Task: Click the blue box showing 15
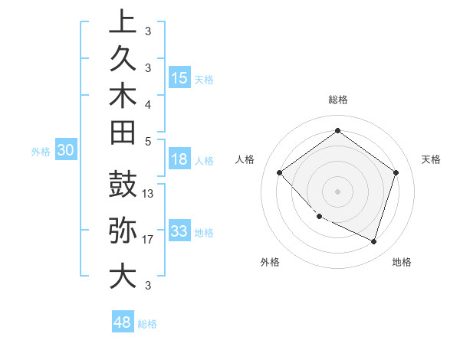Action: (x=179, y=77)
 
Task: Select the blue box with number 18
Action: (x=179, y=160)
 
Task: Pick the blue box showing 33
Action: (x=179, y=231)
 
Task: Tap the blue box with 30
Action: (x=66, y=151)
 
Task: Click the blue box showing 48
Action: (x=123, y=322)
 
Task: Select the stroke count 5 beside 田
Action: (x=148, y=141)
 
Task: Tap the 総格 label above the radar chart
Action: (x=338, y=100)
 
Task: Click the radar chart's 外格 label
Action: (x=270, y=263)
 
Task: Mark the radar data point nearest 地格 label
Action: (x=373, y=241)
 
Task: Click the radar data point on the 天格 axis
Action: (x=396, y=172)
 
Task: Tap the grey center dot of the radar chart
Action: (x=337, y=191)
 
